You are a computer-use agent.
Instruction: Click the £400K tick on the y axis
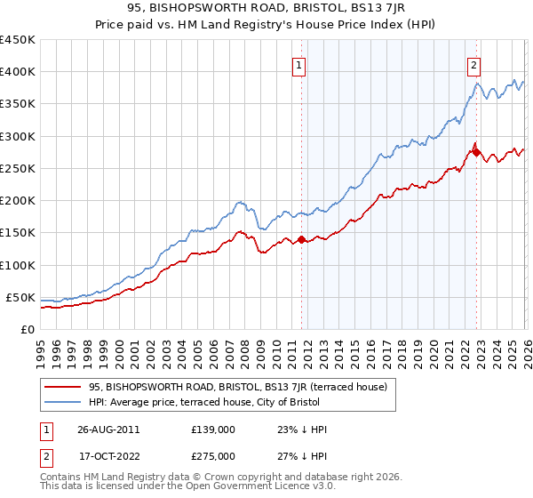point(17,72)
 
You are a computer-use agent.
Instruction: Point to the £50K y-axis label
point(20,297)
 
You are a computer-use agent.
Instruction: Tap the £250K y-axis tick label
point(17,168)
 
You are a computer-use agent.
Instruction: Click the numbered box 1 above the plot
point(300,64)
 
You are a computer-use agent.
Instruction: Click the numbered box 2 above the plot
point(475,64)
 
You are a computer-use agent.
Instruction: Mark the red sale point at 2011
point(301,239)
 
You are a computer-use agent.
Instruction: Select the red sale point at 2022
point(476,152)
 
